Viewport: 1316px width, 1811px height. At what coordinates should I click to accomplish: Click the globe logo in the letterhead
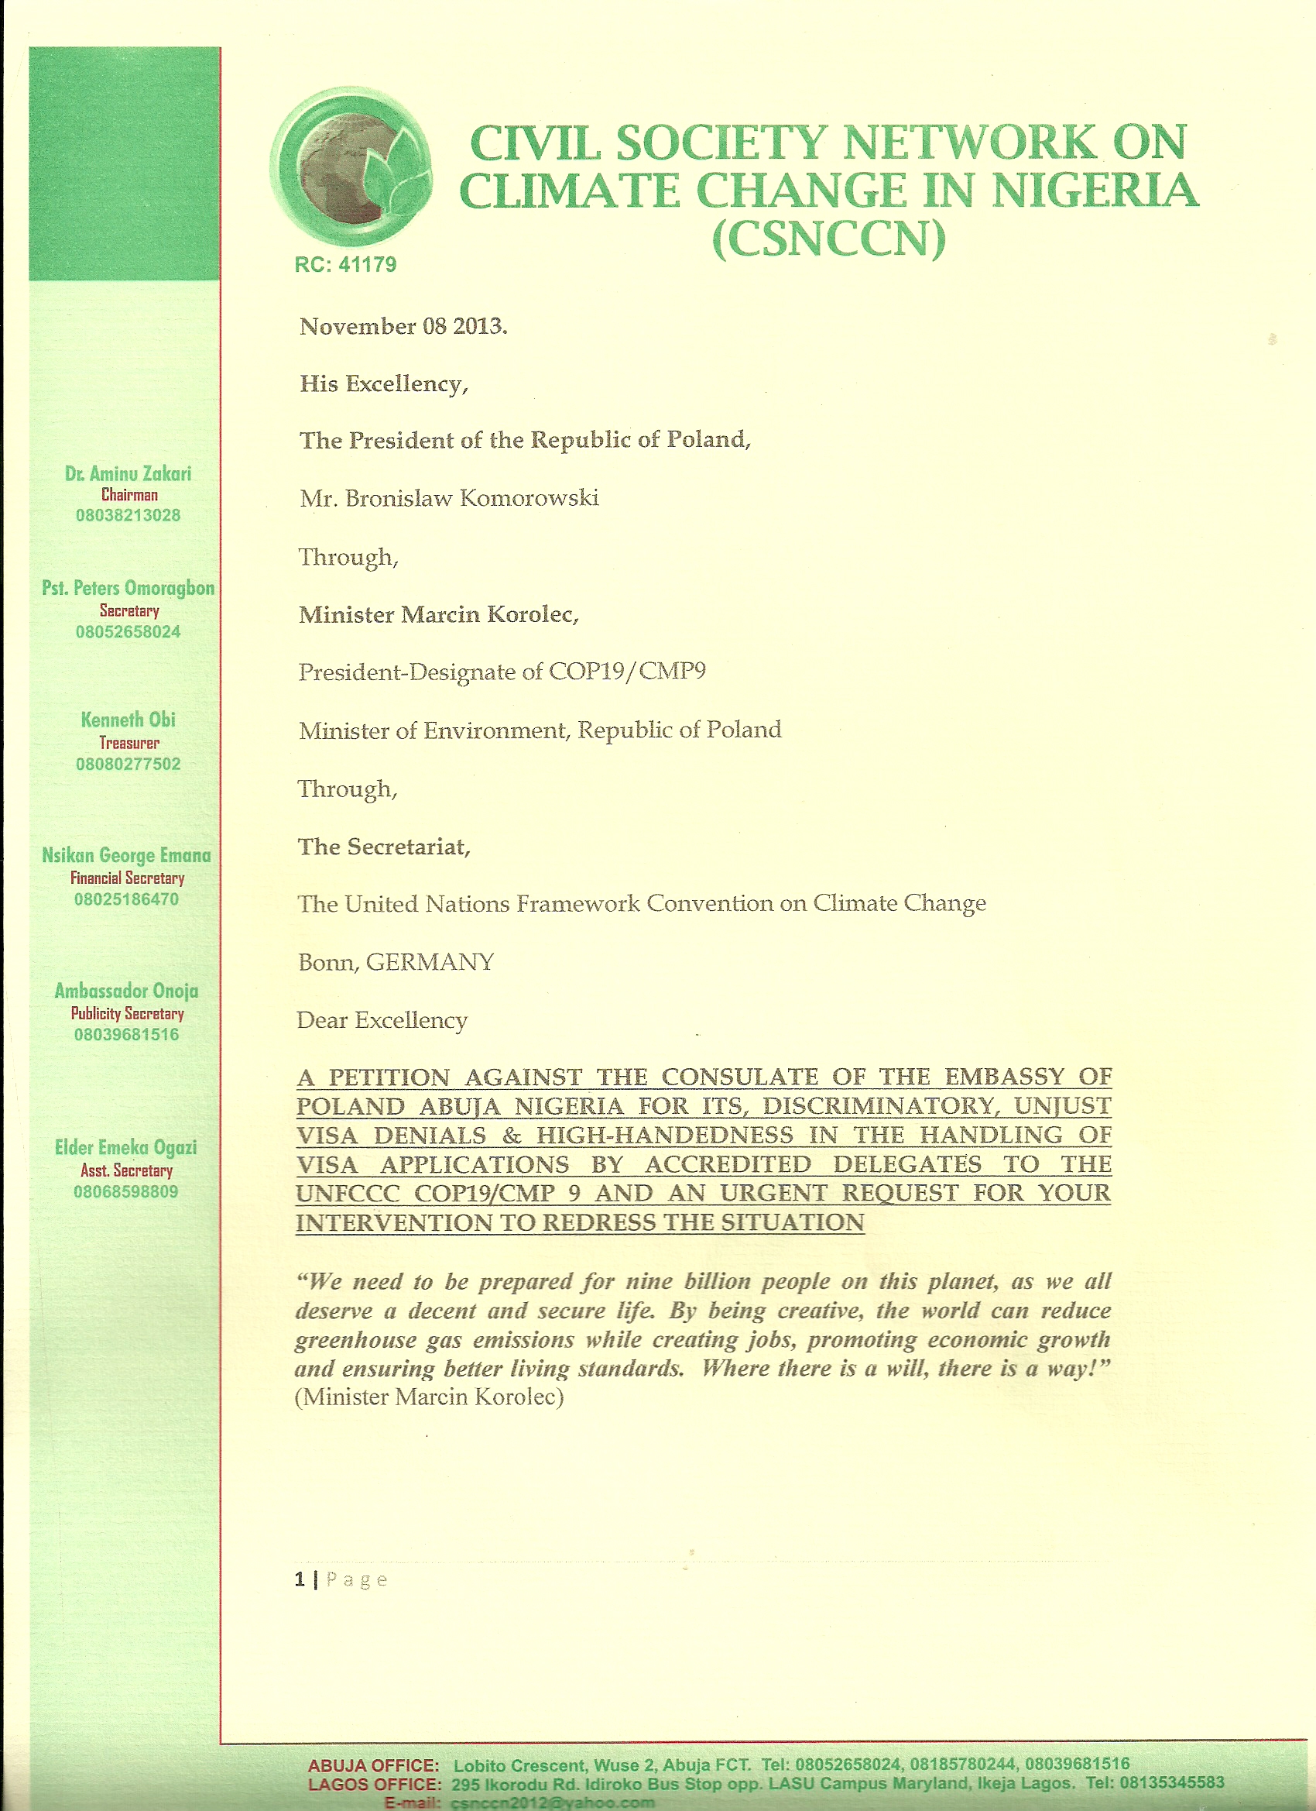pos(351,166)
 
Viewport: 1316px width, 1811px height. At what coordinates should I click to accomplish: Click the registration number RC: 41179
pos(344,265)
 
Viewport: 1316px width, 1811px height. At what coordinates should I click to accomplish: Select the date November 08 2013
pos(403,327)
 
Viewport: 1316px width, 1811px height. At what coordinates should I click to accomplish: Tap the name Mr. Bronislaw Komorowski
pos(448,498)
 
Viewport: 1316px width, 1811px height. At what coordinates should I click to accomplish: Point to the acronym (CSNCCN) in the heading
pos(828,238)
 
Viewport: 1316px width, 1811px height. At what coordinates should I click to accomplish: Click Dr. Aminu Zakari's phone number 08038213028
pos(128,515)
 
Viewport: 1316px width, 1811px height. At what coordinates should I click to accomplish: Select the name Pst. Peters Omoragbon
pos(128,588)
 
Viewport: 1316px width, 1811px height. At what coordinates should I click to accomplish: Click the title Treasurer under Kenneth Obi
pos(129,743)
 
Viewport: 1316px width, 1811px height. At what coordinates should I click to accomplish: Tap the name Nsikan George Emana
pos(126,855)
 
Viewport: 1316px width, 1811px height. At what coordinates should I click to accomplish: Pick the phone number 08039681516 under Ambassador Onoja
pos(126,1035)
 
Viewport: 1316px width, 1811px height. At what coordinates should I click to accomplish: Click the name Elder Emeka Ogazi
pos(125,1147)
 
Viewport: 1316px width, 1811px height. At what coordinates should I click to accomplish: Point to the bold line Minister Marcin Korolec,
pos(438,614)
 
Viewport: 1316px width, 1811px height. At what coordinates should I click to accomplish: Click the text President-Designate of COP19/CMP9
pos(502,672)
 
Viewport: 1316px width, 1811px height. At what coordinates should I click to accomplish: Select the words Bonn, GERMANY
pos(396,962)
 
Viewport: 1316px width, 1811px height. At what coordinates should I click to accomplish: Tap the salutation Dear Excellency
pos(382,1020)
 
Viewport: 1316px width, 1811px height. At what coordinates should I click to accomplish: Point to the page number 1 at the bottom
pos(300,1579)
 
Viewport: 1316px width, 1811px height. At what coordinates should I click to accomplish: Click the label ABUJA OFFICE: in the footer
pos(372,1765)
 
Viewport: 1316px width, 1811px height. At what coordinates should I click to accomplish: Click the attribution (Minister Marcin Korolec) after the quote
pos(430,1397)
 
